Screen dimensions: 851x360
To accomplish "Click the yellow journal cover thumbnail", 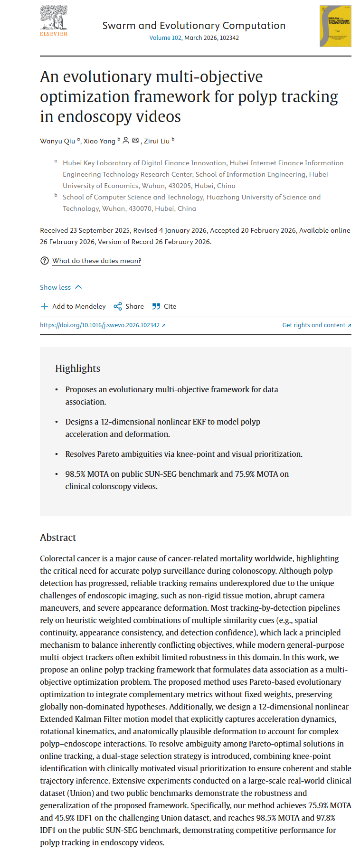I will tap(335, 26).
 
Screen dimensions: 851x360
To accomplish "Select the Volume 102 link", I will tap(165, 38).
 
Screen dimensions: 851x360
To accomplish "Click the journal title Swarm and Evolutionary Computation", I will tap(194, 26).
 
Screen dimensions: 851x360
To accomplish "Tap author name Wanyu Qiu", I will tap(57, 141).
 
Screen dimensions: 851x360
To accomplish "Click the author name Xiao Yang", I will tap(99, 141).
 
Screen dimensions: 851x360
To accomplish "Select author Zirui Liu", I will tap(157, 141).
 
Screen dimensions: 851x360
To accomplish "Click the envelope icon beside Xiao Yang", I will tap(135, 141).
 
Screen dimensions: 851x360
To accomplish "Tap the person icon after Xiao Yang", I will tap(126, 141).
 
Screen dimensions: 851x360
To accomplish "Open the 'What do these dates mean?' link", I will tap(97, 261).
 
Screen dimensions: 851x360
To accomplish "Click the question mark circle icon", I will tap(45, 261).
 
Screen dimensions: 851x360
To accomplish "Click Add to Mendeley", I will tap(74, 306).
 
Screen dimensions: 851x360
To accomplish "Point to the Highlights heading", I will tap(77, 369).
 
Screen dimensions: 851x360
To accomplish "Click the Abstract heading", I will tap(58, 538).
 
